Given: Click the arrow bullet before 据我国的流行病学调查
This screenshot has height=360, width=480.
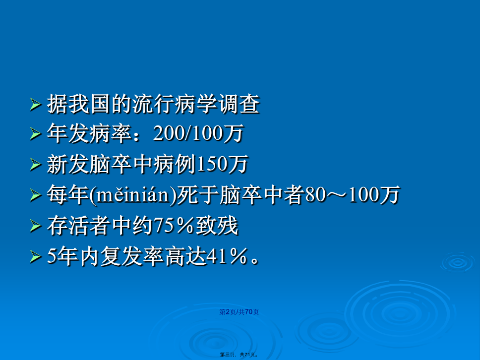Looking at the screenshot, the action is tap(36, 105).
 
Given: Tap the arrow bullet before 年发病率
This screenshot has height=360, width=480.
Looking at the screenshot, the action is tap(36, 134).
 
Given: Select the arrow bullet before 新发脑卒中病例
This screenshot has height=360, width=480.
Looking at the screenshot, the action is tap(36, 165).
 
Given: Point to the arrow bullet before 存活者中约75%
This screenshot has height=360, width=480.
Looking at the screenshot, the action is tap(36, 226).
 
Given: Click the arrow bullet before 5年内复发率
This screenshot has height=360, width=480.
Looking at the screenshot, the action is tap(36, 257).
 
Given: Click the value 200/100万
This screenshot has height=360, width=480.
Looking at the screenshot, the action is tap(198, 133).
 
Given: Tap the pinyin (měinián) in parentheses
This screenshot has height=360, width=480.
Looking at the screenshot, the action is tap(133, 195).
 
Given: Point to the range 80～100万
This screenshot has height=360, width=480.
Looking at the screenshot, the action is tap(353, 195).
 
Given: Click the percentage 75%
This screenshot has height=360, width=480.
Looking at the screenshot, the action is tap(174, 226).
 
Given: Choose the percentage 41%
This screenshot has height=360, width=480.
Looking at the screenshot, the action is tap(227, 256).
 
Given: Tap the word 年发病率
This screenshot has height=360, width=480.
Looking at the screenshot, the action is tap(89, 133).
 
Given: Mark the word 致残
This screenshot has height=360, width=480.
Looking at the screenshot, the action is tap(217, 226).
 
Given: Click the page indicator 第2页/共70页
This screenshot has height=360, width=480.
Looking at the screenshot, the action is tap(239, 312).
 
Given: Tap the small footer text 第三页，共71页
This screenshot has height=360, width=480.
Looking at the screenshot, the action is tap(239, 355).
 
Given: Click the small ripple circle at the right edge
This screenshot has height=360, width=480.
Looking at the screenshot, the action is tap(458, 262).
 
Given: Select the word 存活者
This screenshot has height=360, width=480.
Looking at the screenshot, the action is tap(79, 226).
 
